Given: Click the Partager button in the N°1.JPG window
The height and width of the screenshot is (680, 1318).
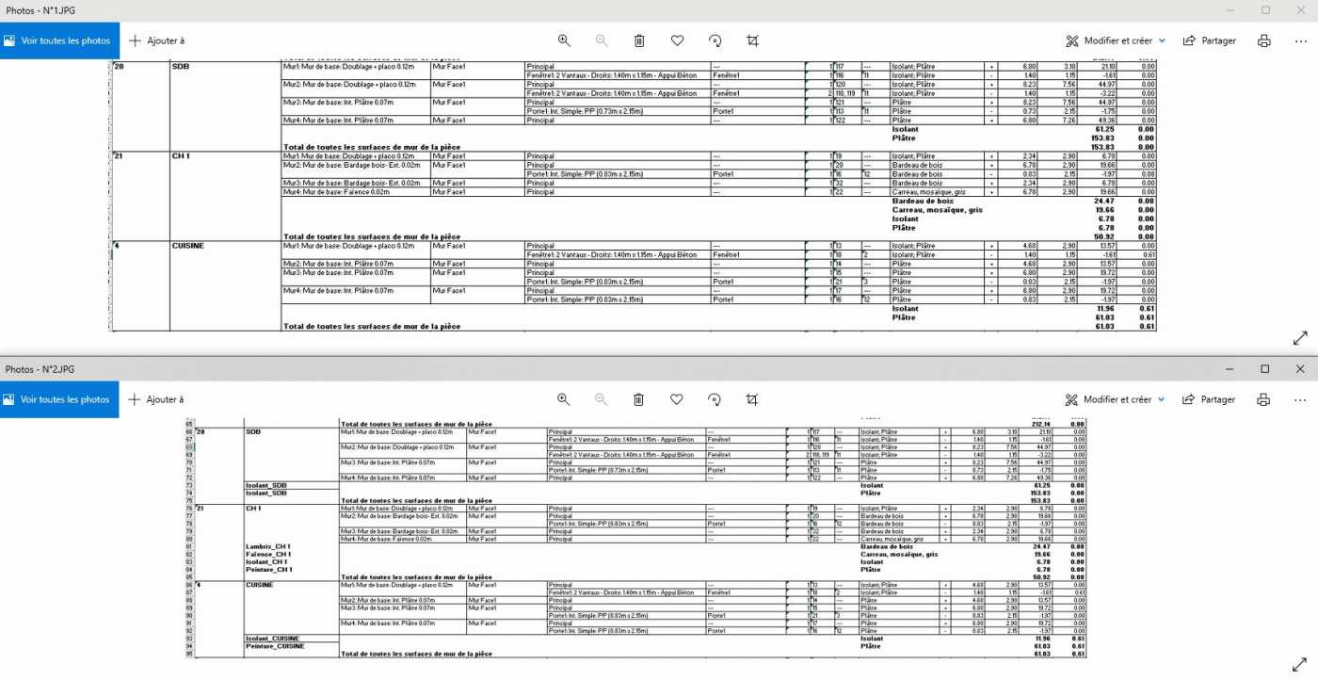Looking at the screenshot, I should [x=1209, y=41].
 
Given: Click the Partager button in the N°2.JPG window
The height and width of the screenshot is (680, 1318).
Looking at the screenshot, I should [x=1208, y=399].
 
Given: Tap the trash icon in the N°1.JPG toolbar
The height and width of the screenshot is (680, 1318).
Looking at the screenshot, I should [x=639, y=40].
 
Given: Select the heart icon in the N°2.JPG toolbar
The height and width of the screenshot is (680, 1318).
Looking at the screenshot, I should [x=676, y=399].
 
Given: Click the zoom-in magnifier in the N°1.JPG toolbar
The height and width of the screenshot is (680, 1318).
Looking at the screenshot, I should [x=564, y=40].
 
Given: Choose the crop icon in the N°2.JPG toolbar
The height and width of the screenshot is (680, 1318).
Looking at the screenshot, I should [x=751, y=399].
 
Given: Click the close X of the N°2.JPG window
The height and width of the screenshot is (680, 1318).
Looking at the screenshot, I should [x=1300, y=368].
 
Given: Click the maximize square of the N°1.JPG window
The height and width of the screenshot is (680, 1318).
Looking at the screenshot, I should [x=1265, y=9].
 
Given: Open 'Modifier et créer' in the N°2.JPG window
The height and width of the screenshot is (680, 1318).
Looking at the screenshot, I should [x=1116, y=399].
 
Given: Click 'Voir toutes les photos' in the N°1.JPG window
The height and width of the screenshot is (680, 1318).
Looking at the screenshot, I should [x=56, y=41].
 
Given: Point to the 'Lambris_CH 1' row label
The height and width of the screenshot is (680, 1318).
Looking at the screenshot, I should [x=268, y=546].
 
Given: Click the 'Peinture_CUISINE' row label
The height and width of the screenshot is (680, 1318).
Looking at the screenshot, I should [x=275, y=646].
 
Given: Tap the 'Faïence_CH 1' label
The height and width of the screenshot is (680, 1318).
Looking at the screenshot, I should [x=269, y=555].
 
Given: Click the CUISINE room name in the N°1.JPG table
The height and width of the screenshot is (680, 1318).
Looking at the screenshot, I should [x=187, y=246].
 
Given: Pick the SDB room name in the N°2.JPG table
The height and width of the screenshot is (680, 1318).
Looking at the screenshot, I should [x=253, y=431].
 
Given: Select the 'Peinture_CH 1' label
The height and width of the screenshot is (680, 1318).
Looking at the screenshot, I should [x=269, y=570].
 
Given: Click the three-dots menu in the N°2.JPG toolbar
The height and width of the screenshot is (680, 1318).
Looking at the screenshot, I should [x=1300, y=399].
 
